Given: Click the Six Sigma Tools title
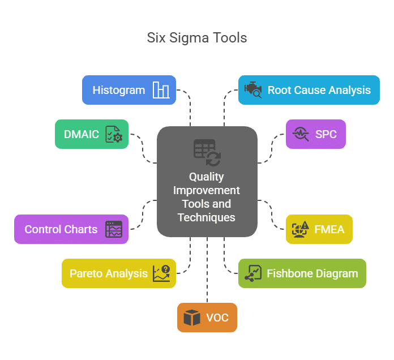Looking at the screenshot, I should pyautogui.click(x=197, y=38).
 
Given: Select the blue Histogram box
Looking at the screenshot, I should pyautogui.click(x=129, y=90).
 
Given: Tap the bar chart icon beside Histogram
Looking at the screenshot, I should pyautogui.click(x=161, y=90).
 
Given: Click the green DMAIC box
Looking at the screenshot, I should pyautogui.click(x=92, y=134).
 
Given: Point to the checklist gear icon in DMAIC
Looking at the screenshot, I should pyautogui.click(x=114, y=135).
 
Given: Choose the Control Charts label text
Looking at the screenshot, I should pyautogui.click(x=61, y=229).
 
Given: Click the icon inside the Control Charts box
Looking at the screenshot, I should pyautogui.click(x=114, y=229).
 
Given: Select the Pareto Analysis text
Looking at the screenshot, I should pyautogui.click(x=109, y=273).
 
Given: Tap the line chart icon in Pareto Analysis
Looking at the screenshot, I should pyautogui.click(x=161, y=273).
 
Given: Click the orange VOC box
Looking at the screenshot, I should pyautogui.click(x=207, y=318).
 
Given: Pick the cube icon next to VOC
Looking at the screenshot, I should pyautogui.click(x=192, y=318).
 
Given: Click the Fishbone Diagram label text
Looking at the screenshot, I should pyautogui.click(x=312, y=273).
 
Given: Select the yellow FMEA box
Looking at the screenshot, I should pyautogui.click(x=319, y=229).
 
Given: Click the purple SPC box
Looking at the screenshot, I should pyautogui.click(x=315, y=134).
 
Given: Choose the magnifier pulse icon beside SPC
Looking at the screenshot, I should pyautogui.click(x=300, y=134).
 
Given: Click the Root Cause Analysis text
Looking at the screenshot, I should pyautogui.click(x=319, y=90).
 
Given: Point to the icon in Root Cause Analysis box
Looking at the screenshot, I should pyautogui.click(x=252, y=90).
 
